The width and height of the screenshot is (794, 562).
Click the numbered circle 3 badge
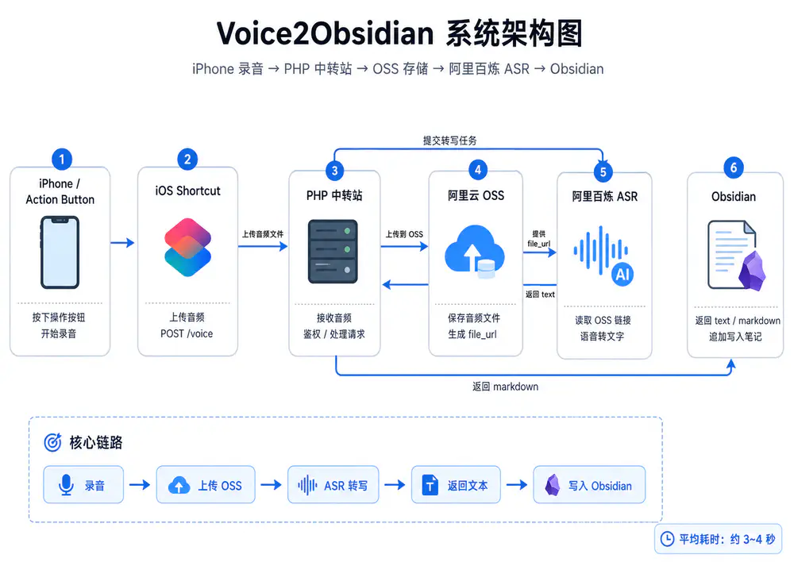point(335,171)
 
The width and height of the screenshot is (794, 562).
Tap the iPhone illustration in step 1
point(60,252)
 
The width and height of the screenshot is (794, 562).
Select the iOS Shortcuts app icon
point(188,247)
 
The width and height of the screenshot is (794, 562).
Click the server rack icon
point(333,251)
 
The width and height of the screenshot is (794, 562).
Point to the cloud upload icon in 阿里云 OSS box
point(475,251)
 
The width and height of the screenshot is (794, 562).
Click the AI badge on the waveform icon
point(622,275)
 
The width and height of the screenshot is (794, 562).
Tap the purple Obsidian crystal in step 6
point(752,271)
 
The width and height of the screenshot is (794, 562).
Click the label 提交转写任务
point(449,140)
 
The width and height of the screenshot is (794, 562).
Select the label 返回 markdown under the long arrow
point(505,387)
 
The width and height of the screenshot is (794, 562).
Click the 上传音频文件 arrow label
point(263,234)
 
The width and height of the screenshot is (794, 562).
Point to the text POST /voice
point(187,333)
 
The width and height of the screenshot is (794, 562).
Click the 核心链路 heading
point(96,442)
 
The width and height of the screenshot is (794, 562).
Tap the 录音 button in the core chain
point(83,484)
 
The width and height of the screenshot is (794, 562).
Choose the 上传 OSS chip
point(206,484)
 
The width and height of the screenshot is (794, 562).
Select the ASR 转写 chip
point(333,484)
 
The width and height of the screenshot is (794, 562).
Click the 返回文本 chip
point(456,484)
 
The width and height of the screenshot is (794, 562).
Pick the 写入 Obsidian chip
point(589,484)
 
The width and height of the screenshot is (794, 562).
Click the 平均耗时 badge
point(718,539)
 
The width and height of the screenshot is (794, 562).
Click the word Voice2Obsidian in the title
point(325,33)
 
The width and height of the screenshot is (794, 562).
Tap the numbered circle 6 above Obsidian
point(734,167)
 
